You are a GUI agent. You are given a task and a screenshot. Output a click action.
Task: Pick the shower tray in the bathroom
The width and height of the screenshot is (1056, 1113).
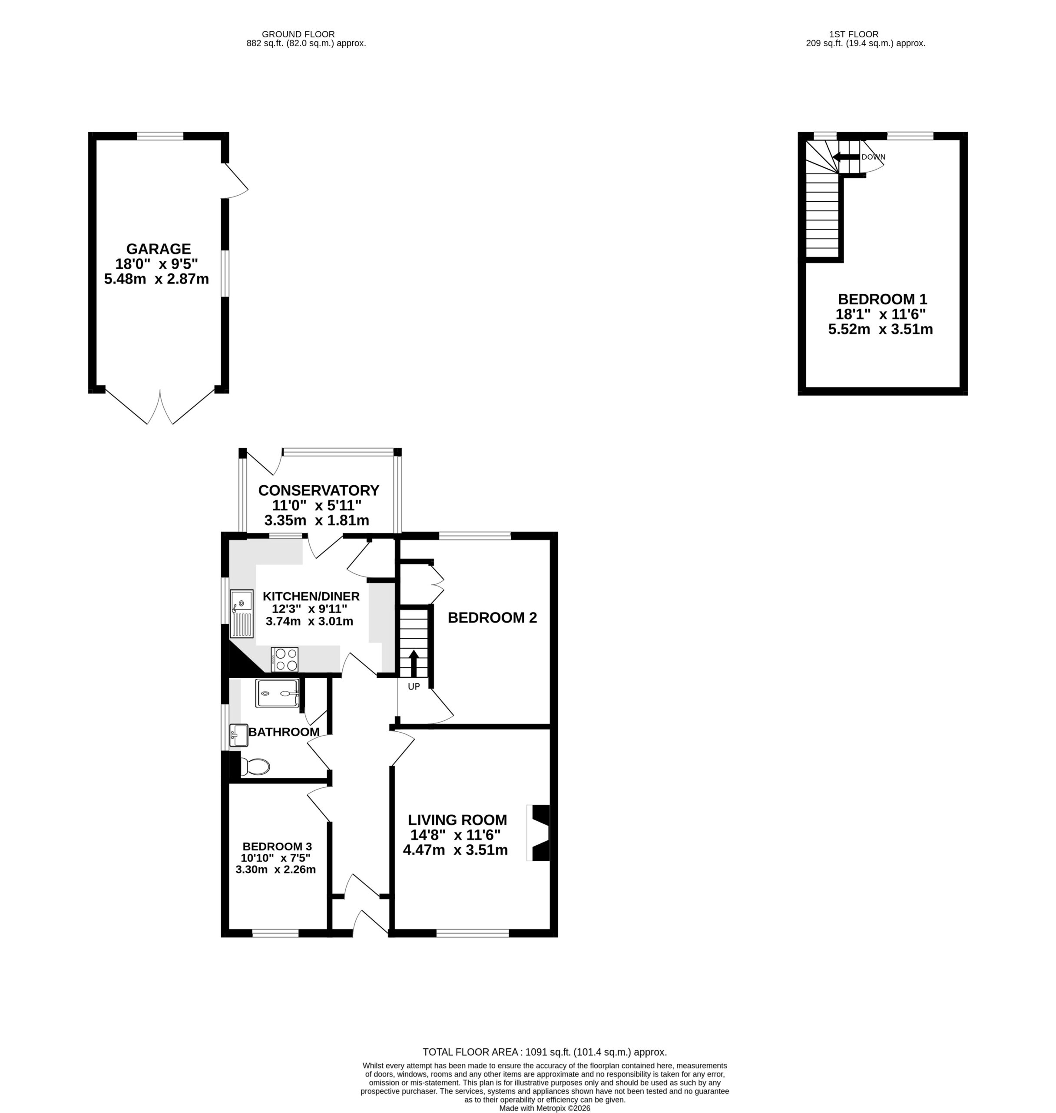(277, 693)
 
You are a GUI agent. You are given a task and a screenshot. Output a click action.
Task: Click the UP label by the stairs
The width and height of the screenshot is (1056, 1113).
(414, 686)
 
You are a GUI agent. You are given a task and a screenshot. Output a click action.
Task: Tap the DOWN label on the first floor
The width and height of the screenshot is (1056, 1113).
(873, 157)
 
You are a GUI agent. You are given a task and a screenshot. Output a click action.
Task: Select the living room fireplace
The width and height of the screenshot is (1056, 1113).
(538, 833)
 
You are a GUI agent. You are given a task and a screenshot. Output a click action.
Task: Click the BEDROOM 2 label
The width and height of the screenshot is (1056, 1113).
(492, 618)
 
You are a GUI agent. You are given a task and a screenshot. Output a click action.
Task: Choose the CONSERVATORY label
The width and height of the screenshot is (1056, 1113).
(318, 490)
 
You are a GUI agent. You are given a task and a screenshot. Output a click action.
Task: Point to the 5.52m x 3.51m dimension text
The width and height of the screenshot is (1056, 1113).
(881, 330)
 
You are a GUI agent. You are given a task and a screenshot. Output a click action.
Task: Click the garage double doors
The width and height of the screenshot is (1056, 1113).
(160, 406)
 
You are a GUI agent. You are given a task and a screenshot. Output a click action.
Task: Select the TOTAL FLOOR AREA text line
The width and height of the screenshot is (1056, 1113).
(545, 1052)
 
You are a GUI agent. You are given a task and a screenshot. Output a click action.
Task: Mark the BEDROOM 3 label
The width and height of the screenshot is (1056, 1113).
(277, 846)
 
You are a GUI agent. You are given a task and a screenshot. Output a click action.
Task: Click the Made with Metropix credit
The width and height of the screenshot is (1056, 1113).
(545, 1108)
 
